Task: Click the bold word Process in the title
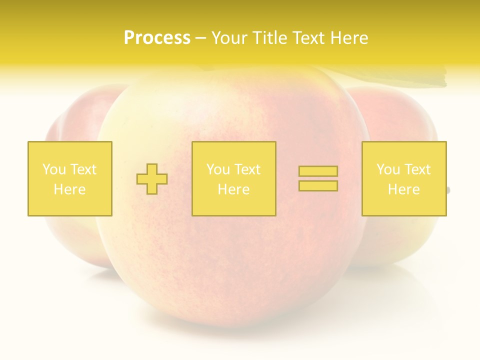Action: [x=157, y=38]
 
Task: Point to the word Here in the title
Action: [x=348, y=38]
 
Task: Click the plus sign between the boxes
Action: [x=152, y=179]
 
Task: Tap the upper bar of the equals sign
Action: [x=318, y=171]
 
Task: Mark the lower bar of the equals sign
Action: [x=318, y=186]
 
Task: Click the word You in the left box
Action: [x=53, y=169]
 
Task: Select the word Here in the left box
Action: [x=70, y=189]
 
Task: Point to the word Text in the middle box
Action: [x=247, y=169]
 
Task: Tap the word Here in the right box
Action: [x=404, y=189]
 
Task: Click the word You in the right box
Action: [x=388, y=169]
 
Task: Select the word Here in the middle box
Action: [x=233, y=189]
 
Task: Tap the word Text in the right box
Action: [x=417, y=169]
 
